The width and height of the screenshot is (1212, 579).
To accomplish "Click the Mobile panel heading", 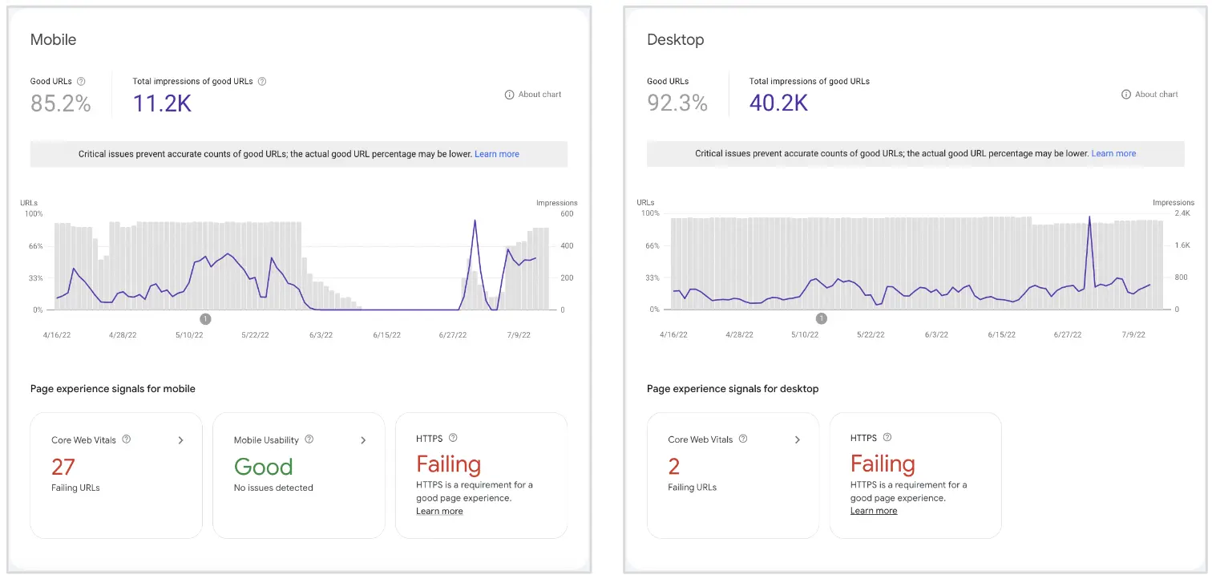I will pyautogui.click(x=53, y=39).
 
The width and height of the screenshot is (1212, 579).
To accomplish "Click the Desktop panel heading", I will pyautogui.click(x=675, y=39).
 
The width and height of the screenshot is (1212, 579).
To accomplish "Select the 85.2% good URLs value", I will pyautogui.click(x=61, y=103).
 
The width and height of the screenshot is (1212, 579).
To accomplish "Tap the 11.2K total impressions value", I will pyautogui.click(x=162, y=103).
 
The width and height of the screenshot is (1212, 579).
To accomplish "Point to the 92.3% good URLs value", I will pyautogui.click(x=677, y=103).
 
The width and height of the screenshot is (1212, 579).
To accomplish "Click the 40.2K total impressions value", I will pyautogui.click(x=778, y=103).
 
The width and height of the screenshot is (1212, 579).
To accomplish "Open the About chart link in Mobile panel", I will pyautogui.click(x=533, y=95).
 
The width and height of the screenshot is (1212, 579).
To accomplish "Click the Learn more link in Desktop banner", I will pyautogui.click(x=1113, y=153).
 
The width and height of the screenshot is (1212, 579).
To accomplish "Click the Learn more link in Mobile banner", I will pyautogui.click(x=497, y=154).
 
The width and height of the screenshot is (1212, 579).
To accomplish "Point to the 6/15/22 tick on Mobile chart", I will pyautogui.click(x=386, y=335).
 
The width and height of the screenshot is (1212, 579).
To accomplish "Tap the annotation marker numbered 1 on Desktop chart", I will pyautogui.click(x=821, y=318).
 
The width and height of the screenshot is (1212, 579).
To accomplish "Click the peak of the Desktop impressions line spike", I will pyautogui.click(x=1089, y=217).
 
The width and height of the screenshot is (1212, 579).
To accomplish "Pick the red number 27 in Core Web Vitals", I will pyautogui.click(x=63, y=467).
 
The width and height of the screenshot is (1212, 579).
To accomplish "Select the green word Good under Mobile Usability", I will pyautogui.click(x=263, y=467).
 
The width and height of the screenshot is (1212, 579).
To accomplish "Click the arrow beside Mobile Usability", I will pyautogui.click(x=363, y=440).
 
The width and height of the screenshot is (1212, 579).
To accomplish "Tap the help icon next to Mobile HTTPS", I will pyautogui.click(x=453, y=438).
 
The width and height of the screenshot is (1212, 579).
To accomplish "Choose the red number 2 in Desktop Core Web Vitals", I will pyautogui.click(x=674, y=466).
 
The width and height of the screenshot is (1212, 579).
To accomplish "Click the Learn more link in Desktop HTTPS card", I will pyautogui.click(x=874, y=511).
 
